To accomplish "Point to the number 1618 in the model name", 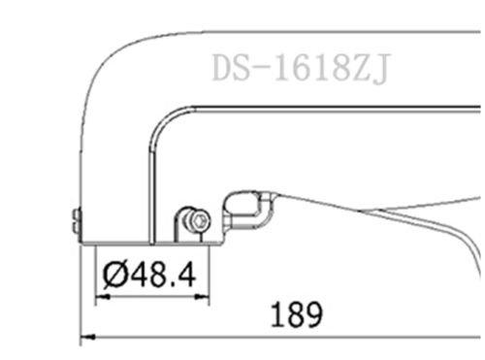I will point(310,69).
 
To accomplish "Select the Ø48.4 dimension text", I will point(148,276).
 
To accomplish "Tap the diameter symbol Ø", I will point(114,276).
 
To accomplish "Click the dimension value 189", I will point(292,315).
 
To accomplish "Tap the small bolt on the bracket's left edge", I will point(77,222).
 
